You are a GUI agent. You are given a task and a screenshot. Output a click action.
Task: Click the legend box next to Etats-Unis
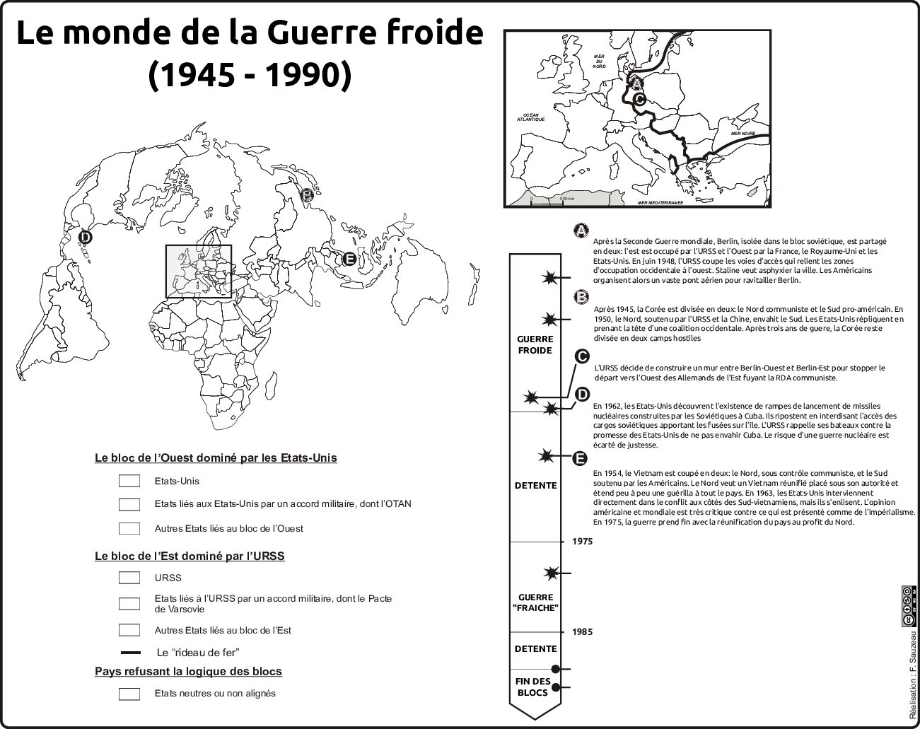point(129,482)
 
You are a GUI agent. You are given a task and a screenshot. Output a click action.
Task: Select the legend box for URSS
point(129,578)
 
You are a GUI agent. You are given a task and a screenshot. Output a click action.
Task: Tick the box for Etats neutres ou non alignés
point(129,694)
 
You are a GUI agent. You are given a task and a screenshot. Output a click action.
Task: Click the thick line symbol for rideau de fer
point(131,653)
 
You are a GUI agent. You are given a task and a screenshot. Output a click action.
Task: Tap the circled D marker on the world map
point(85,237)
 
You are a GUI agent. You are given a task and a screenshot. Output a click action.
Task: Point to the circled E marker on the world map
point(349,259)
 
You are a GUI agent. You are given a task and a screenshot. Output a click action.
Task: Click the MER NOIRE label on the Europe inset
point(743,133)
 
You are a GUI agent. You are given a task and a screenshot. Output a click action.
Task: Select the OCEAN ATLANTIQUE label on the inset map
point(531,117)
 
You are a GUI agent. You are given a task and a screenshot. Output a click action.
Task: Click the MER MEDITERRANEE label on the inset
point(660,202)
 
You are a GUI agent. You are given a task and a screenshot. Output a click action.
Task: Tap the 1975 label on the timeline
point(583,542)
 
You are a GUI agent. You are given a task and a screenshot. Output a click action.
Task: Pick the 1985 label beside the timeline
point(583,632)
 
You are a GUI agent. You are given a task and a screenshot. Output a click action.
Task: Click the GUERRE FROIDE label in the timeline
point(535,345)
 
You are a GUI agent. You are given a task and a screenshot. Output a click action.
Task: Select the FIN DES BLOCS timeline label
point(532,687)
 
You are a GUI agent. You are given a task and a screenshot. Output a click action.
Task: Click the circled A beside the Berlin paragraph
point(581,231)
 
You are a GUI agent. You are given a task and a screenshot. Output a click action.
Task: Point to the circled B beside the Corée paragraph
point(581,296)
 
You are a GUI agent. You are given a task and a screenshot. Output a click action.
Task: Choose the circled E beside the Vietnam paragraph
point(579,458)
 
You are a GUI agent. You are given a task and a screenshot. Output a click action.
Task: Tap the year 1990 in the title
point(309,74)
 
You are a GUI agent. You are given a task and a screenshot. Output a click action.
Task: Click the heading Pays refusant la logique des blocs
point(188,671)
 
